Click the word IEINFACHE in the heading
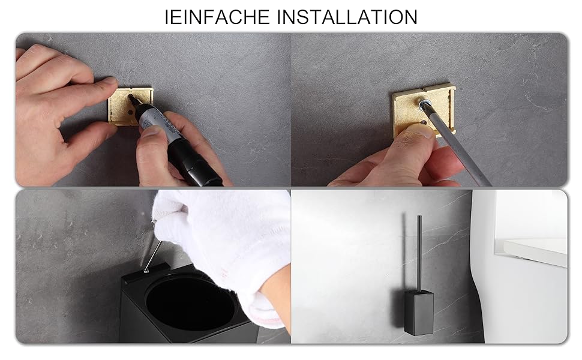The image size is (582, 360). (217, 17)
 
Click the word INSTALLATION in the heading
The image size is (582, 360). (347, 17)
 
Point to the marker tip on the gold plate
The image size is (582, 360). (130, 97)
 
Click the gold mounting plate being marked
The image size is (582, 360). (130, 106)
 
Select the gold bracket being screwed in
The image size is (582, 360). (423, 110)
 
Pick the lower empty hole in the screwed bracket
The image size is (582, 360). (423, 122)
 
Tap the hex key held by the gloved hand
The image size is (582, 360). (152, 256)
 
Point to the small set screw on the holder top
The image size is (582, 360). (146, 271)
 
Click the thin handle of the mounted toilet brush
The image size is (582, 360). (419, 253)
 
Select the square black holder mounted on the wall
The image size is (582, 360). (419, 313)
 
